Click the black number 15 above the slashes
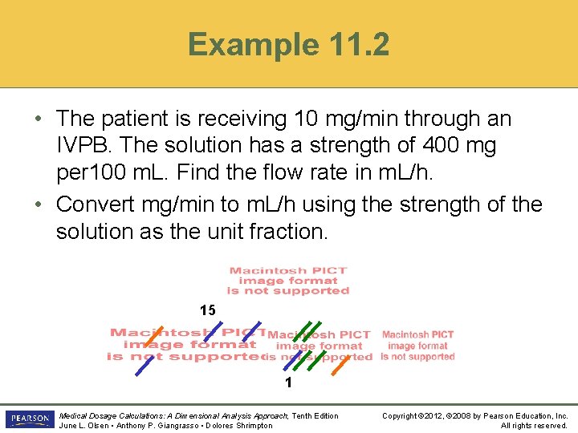pos(208,310)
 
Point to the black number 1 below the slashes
pos(287,383)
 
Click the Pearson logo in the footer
pos(29,419)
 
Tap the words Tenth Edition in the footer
pos(315,415)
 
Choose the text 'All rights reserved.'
pos(534,425)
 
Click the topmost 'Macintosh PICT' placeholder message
pos(288,281)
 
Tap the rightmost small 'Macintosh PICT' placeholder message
pos(417,346)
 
